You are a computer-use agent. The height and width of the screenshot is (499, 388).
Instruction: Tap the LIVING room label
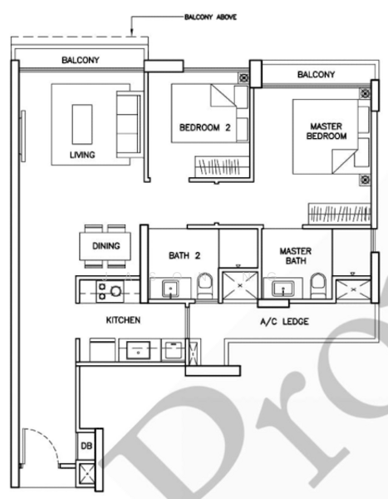click(81, 155)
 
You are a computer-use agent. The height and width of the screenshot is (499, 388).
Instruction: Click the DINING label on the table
click(105, 245)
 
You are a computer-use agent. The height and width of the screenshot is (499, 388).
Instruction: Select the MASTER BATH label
click(295, 255)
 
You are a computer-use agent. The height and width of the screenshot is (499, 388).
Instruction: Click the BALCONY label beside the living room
click(81, 61)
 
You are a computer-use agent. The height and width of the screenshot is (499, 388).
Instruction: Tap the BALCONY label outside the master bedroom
click(316, 75)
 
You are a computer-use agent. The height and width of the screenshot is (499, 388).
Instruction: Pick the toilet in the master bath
click(317, 286)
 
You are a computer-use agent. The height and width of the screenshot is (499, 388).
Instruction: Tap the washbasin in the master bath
click(281, 289)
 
